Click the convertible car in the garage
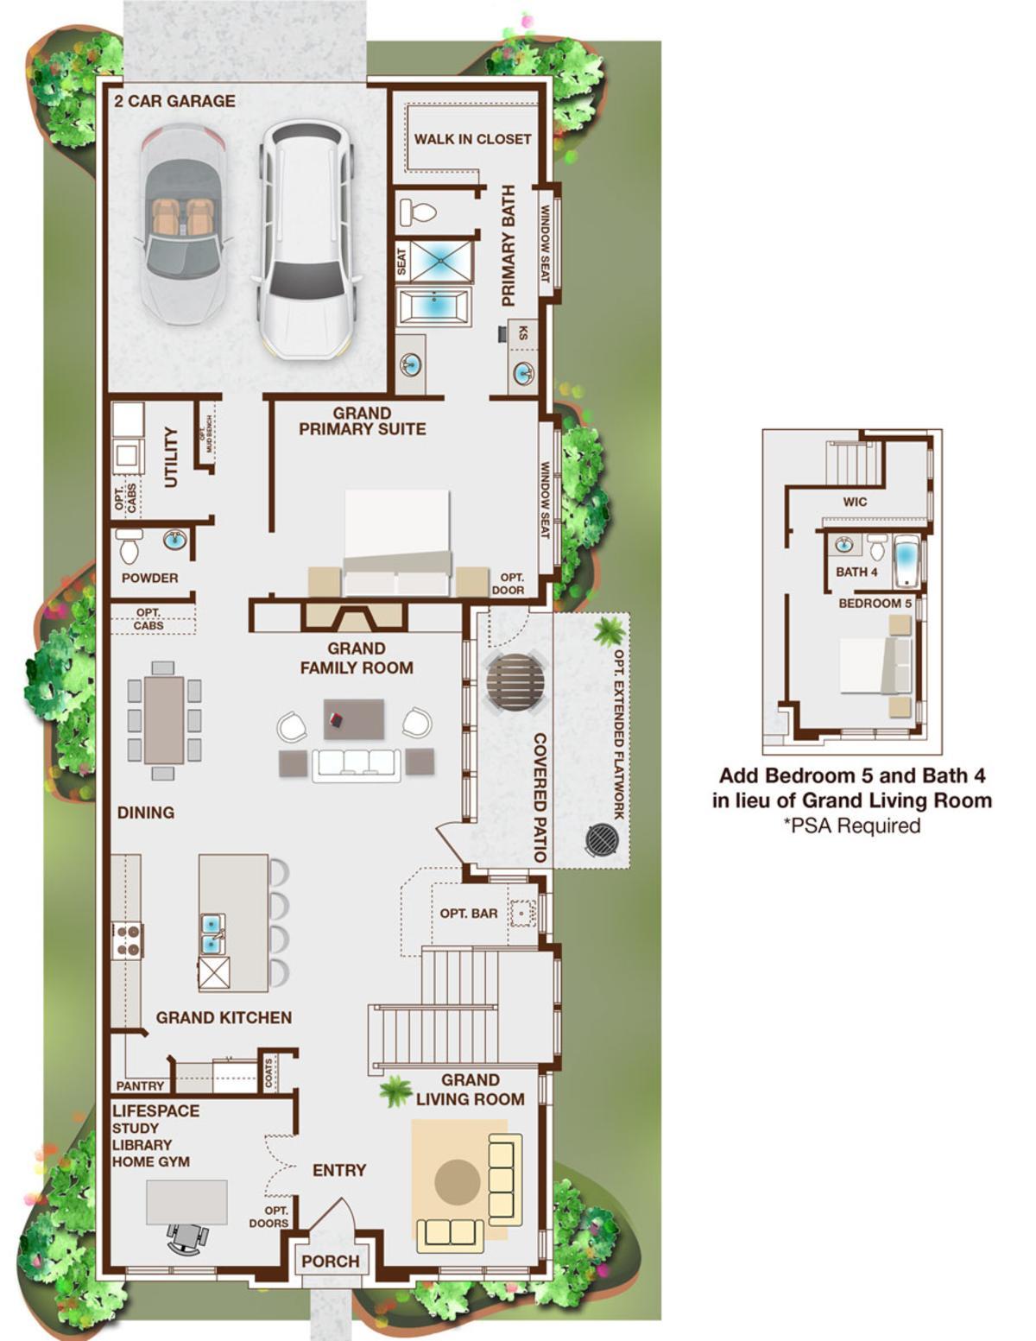tap(183, 225)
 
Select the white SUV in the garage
tap(306, 240)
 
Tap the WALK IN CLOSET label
tap(472, 139)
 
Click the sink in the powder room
tap(175, 541)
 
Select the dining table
tap(163, 719)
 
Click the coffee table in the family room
tap(354, 719)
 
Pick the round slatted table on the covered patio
tap(515, 683)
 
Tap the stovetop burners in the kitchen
tap(128, 940)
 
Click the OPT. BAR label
tap(468, 913)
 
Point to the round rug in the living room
tap(458, 1181)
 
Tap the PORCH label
tap(330, 1262)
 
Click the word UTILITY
tap(171, 457)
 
